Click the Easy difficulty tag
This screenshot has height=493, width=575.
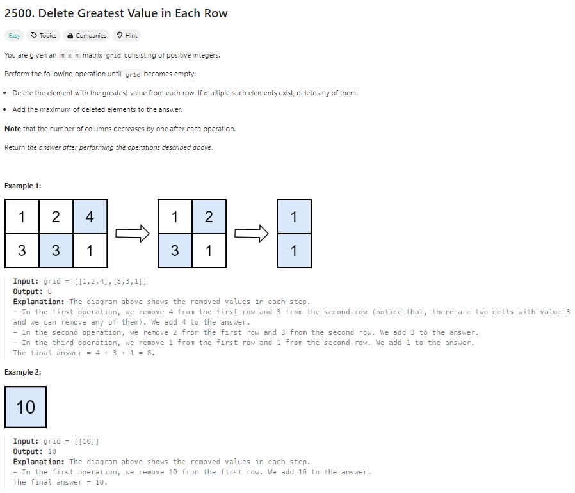point(14,36)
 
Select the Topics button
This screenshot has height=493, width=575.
point(44,36)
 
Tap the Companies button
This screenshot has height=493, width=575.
point(86,36)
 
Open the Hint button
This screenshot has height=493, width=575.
point(127,36)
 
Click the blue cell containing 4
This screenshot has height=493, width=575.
point(90,217)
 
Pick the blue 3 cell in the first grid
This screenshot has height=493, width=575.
point(56,250)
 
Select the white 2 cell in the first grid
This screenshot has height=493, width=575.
point(56,217)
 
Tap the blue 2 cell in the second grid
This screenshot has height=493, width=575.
point(209,217)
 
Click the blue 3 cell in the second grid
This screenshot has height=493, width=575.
point(175,250)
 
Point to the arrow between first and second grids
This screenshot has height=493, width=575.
point(133,234)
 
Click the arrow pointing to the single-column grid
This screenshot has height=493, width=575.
point(252,234)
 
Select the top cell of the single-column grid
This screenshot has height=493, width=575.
point(294,217)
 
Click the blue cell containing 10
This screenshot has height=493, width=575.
point(26,407)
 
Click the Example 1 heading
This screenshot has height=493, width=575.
point(23,186)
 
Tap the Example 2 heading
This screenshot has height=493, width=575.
point(23,373)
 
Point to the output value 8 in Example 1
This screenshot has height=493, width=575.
point(50,291)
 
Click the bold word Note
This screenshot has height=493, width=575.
point(12,129)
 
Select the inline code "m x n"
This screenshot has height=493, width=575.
point(69,56)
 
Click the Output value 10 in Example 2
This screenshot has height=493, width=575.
point(52,451)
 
